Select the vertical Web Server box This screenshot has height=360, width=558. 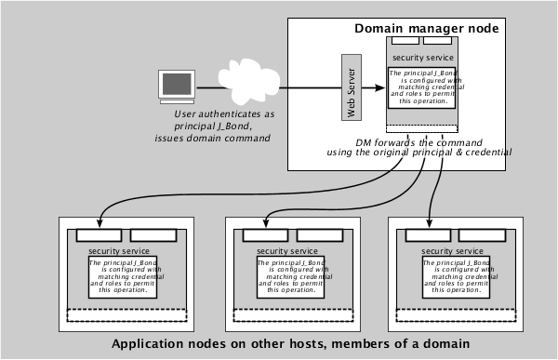point(350,87)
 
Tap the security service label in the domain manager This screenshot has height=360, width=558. point(423,58)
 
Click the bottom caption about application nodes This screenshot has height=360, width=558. point(290,343)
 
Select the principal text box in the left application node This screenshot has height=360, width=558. point(125,277)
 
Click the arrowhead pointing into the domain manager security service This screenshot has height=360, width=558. point(382,88)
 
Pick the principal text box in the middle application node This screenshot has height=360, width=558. point(291,277)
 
